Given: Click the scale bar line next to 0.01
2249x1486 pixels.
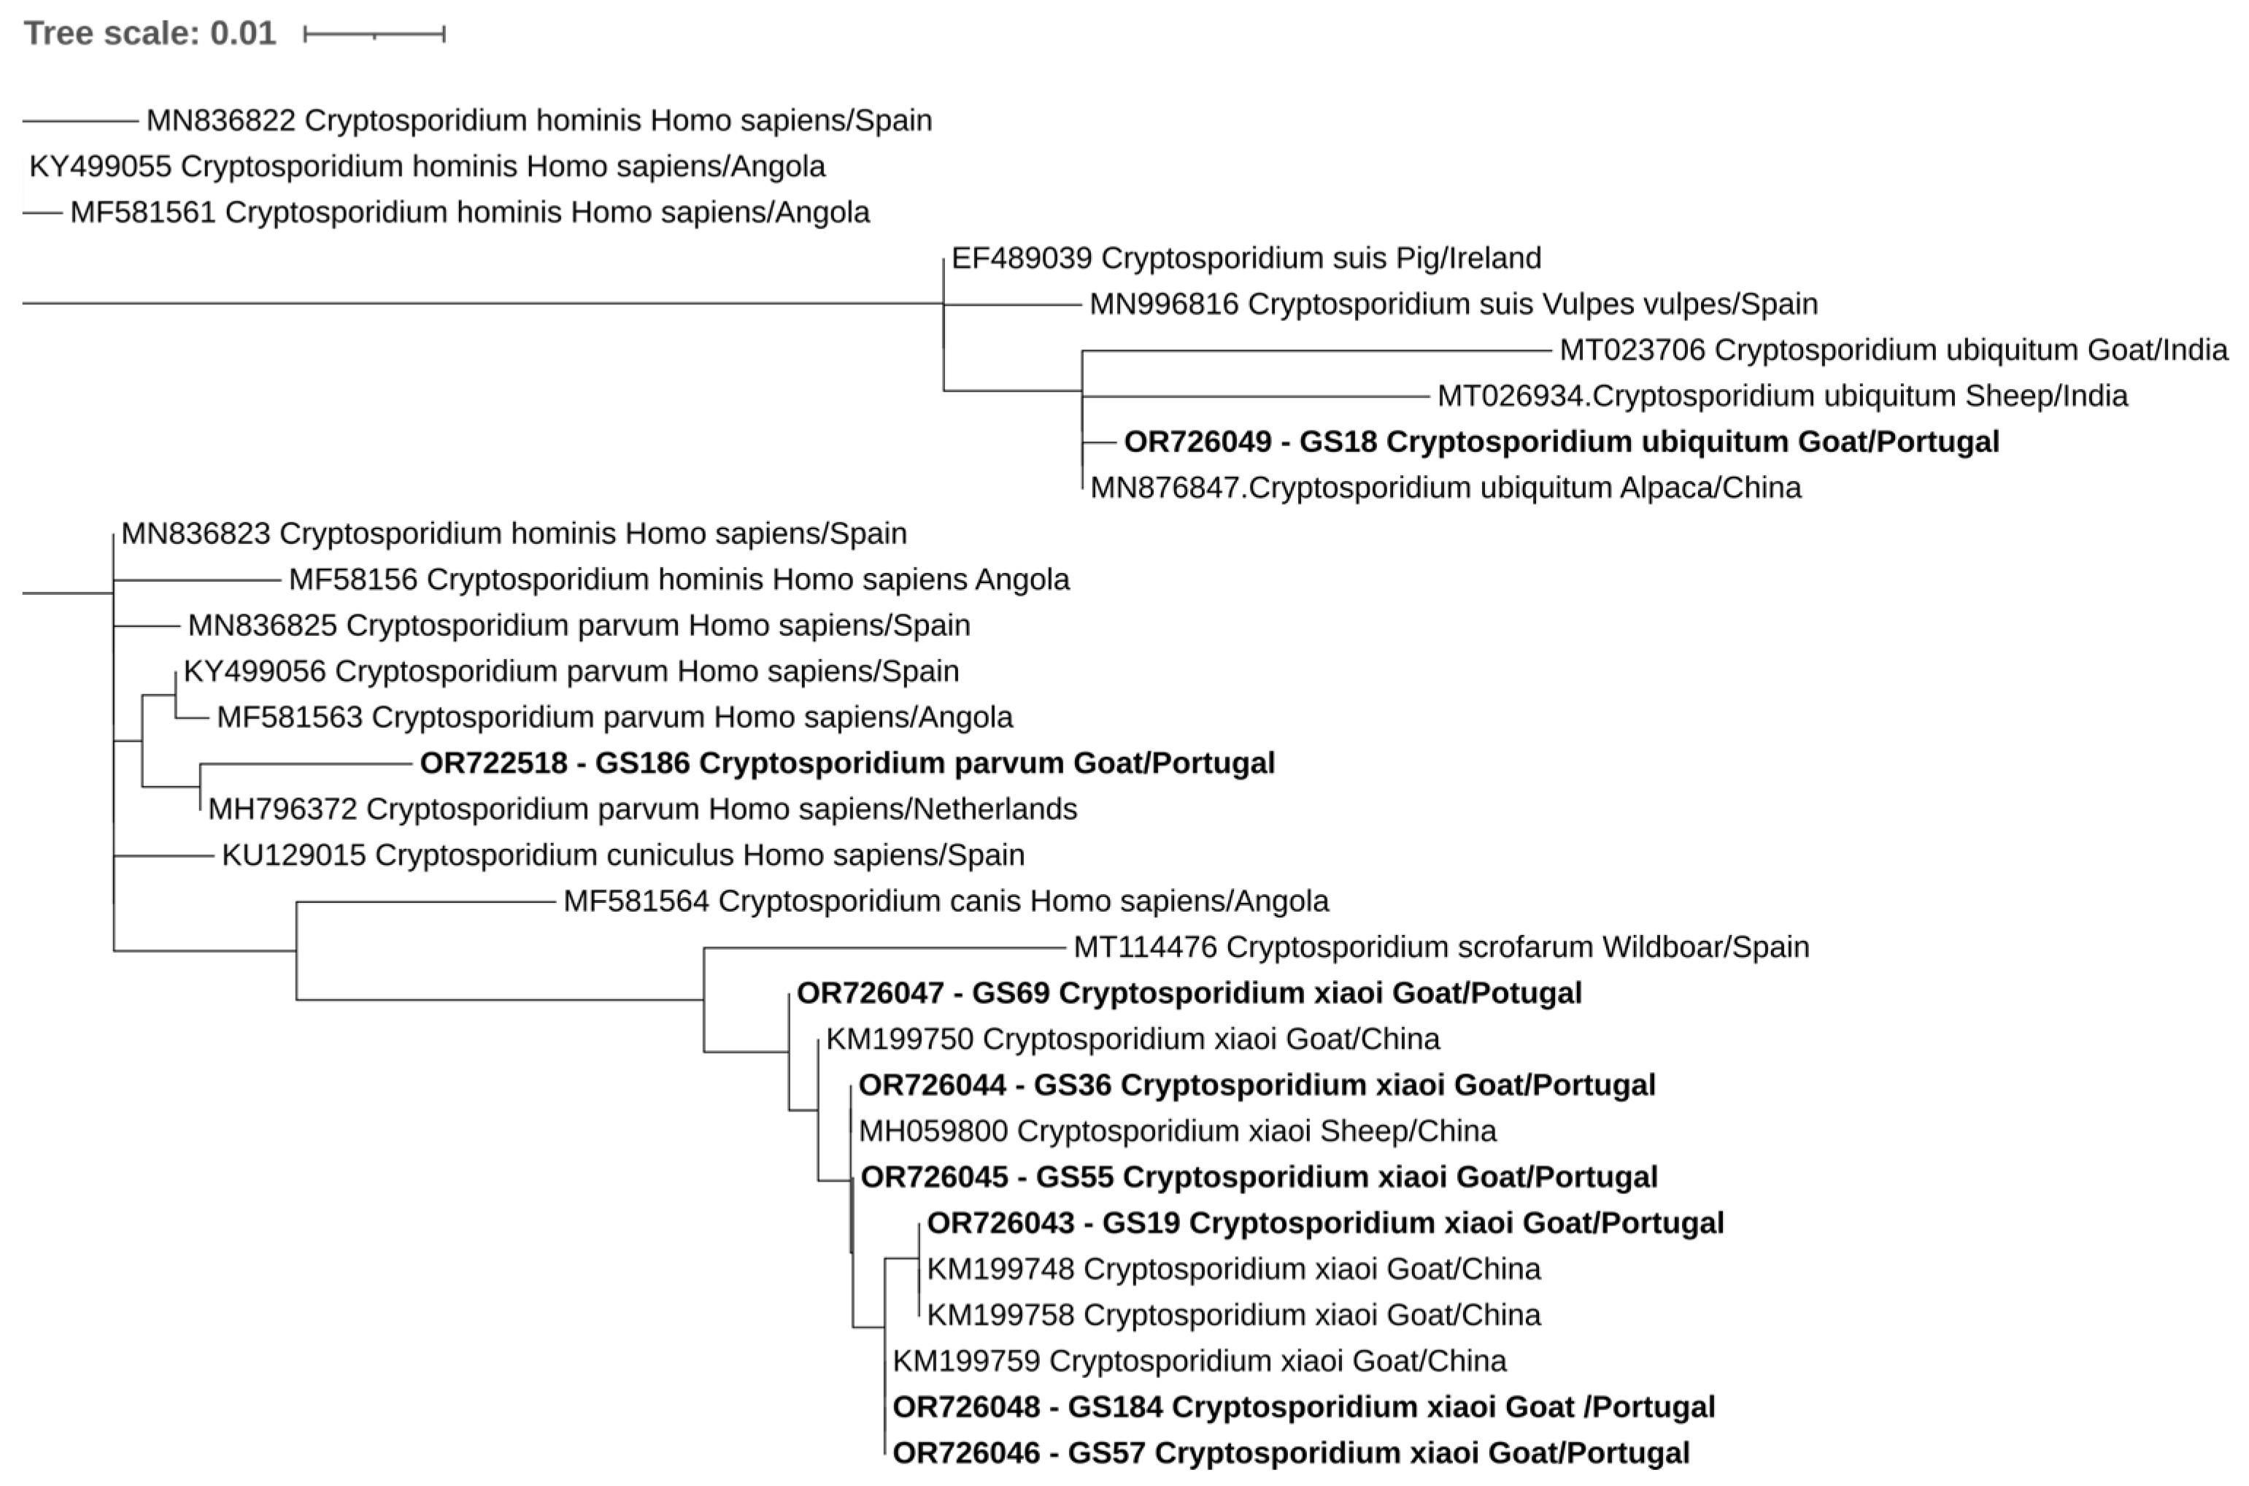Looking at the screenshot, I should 374,35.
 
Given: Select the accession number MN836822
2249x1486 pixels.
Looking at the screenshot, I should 220,120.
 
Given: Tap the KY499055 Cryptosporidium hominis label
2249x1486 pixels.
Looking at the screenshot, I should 426,167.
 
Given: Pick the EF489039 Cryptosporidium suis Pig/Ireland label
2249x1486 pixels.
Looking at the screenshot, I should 1246,258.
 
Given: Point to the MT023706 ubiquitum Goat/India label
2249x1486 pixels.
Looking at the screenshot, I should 1893,350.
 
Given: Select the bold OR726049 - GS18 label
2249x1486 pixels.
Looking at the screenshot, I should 1560,442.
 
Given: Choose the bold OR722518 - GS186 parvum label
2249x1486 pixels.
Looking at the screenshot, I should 847,763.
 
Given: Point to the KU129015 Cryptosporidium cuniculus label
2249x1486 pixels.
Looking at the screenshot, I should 622,855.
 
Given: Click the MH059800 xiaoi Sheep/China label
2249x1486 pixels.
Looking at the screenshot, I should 1176,1131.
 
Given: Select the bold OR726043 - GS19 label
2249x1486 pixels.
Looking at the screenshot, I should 1324,1223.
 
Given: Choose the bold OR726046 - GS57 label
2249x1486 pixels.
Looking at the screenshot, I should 1290,1453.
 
